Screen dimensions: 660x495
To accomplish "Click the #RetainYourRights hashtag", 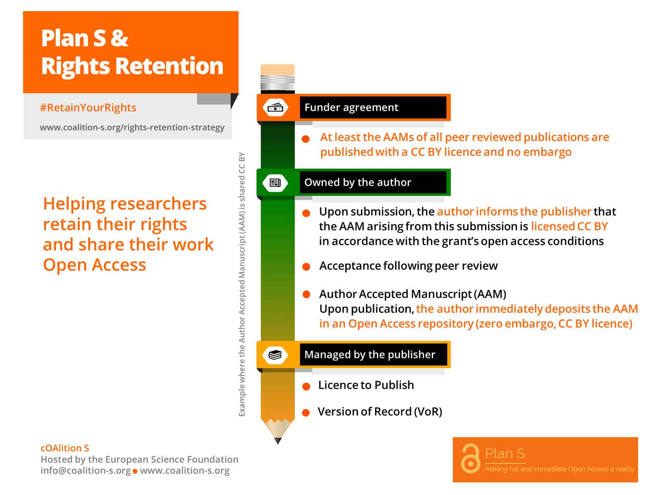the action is (88, 108).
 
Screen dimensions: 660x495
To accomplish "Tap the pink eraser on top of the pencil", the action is (277, 70).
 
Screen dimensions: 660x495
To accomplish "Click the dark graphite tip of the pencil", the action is (278, 441).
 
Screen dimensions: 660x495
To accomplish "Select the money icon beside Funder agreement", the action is (275, 107).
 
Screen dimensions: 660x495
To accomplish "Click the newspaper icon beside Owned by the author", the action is (275, 182).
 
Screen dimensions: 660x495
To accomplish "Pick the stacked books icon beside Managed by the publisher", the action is (275, 355).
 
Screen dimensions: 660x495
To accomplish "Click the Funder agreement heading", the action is (351, 107).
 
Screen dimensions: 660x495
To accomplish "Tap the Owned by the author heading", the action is (358, 182).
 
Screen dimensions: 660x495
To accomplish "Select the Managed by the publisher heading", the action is (370, 355).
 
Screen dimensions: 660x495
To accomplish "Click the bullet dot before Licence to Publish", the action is (306, 387).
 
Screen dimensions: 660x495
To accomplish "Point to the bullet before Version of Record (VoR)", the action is (306, 412).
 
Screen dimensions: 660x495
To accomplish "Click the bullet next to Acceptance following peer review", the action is (306, 266).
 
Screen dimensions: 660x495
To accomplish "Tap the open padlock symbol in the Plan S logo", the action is (470, 458).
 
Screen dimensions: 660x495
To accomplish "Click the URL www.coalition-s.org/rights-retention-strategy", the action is (132, 127).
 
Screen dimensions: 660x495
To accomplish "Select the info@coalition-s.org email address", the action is (86, 470).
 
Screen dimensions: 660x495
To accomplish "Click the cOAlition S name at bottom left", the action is (65, 448).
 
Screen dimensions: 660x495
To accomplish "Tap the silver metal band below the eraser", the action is (277, 82).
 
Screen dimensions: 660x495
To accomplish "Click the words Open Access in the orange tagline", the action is (94, 265).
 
